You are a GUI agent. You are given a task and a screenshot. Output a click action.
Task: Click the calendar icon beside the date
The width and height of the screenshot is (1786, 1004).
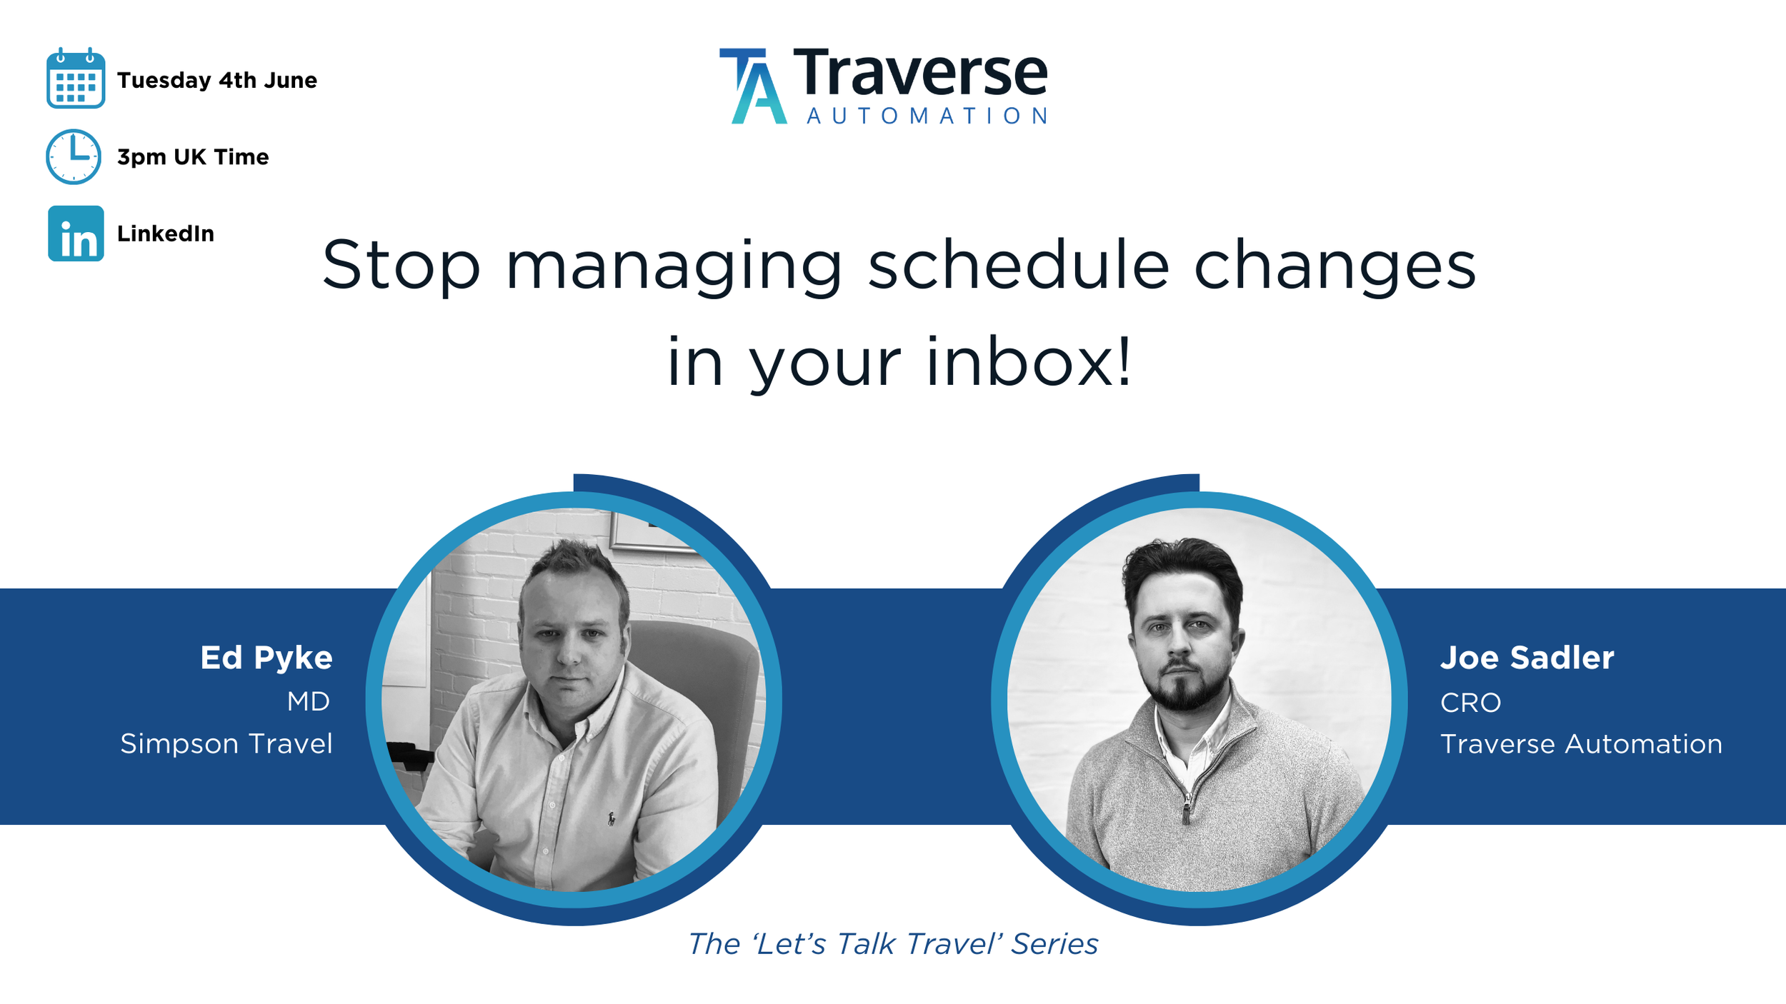(x=76, y=79)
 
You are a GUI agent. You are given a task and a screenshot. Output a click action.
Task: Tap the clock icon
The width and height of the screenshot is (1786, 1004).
(x=74, y=156)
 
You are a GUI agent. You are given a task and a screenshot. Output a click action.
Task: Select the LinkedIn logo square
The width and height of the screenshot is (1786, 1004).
(x=76, y=234)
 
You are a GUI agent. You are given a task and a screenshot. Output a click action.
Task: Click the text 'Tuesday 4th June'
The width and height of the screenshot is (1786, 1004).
(x=216, y=80)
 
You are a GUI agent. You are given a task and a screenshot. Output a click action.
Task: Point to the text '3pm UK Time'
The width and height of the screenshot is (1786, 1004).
(x=193, y=157)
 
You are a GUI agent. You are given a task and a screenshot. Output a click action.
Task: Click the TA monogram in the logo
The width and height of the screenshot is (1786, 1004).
(x=753, y=86)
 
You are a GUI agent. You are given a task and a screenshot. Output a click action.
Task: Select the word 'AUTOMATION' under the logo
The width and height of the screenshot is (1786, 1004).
(x=927, y=116)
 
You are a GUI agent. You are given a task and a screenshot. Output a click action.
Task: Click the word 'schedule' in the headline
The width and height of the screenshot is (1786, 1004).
(x=1019, y=266)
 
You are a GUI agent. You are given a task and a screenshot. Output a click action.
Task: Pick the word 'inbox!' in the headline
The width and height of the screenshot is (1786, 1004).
(x=1029, y=363)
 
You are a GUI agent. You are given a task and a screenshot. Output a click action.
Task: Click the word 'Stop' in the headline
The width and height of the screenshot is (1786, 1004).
(x=401, y=266)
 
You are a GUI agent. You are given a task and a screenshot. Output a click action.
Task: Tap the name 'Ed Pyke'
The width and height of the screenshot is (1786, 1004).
(x=266, y=658)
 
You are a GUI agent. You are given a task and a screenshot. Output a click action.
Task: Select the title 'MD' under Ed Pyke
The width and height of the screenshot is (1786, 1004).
(x=309, y=702)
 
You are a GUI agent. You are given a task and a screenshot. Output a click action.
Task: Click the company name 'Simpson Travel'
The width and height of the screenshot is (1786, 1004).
(x=226, y=744)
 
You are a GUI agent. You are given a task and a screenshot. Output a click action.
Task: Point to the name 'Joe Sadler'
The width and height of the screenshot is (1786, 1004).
(x=1527, y=658)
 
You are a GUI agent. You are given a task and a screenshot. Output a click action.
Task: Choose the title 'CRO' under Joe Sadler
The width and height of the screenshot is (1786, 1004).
(x=1470, y=703)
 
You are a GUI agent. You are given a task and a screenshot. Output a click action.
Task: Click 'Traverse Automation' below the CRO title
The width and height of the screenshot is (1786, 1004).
(x=1581, y=744)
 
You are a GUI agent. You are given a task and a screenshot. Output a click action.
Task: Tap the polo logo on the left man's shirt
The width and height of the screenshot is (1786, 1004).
(x=612, y=818)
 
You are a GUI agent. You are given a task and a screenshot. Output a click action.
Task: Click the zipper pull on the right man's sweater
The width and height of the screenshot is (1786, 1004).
(x=1187, y=811)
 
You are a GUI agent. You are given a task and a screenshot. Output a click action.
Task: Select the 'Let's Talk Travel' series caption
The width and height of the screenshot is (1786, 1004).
(x=893, y=944)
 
